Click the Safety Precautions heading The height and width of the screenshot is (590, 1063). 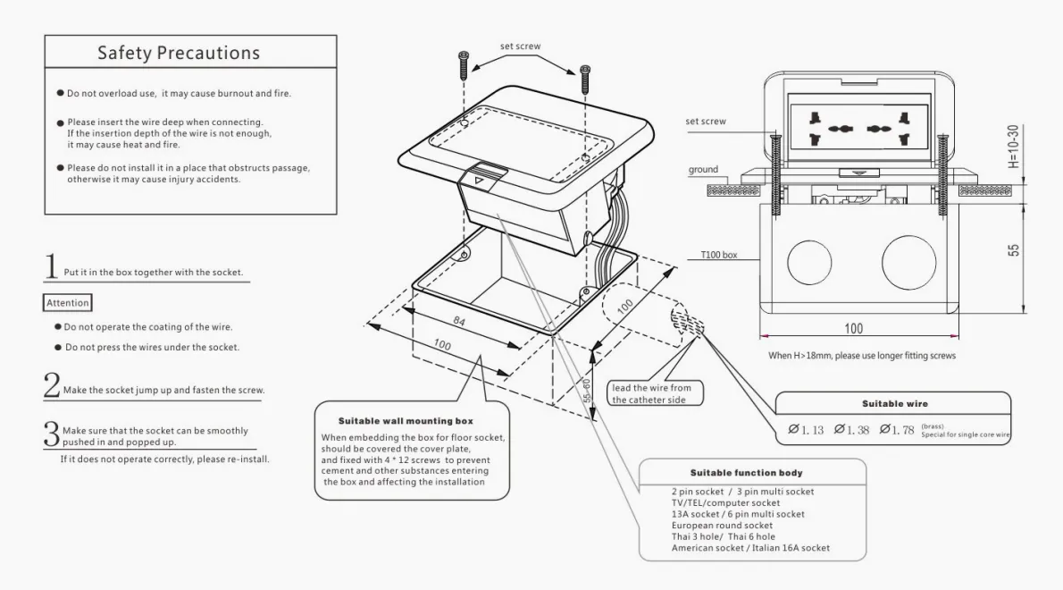pos(179,53)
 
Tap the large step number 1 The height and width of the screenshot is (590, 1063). pos(52,265)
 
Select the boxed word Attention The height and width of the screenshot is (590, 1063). pos(68,304)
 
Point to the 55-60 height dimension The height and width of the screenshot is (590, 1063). pos(586,391)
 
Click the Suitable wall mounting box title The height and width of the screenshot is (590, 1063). pos(406,420)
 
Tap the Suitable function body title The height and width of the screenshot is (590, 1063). pos(746,473)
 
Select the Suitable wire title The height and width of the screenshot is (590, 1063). pos(893,404)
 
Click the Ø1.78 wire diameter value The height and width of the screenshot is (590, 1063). pos(897,430)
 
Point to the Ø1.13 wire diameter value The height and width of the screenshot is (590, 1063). pos(806,430)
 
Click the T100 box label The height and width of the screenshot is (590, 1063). pos(719,255)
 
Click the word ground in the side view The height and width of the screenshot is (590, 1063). pos(703,170)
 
